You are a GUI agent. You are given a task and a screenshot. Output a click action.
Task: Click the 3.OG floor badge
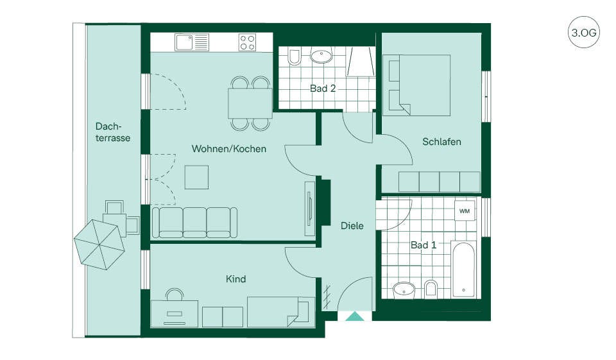point(584,32)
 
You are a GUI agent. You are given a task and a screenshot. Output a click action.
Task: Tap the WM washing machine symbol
point(465,211)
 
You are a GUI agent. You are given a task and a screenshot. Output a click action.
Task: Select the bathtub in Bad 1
point(463,270)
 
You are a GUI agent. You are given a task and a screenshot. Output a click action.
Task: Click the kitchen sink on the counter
point(192,42)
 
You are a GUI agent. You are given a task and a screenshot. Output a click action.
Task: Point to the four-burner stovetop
point(248,42)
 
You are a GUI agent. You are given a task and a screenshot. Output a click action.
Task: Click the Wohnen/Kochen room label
point(228,149)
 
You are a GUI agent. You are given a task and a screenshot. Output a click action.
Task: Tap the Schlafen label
point(441,141)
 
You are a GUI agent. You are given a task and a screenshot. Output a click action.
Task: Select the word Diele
point(352,226)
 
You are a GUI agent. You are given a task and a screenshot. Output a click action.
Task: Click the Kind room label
point(235,279)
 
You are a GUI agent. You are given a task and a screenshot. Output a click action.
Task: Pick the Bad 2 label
point(323,89)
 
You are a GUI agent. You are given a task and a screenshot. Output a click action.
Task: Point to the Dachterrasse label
point(113,132)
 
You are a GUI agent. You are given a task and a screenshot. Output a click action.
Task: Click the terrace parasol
point(99,244)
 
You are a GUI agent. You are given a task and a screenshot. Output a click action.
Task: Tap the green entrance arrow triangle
point(355,316)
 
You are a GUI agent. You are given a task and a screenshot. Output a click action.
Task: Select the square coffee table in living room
point(197,177)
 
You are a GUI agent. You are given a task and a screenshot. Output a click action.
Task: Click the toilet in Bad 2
point(293,56)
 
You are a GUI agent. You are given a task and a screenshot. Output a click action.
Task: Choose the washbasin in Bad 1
point(404,290)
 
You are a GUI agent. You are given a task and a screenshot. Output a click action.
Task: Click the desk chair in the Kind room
point(175,295)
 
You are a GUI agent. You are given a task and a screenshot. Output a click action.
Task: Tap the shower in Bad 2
point(360,62)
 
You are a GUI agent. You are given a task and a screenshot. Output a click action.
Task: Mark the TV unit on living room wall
point(310,209)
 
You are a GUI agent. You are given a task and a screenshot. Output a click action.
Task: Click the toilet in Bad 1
point(431,289)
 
